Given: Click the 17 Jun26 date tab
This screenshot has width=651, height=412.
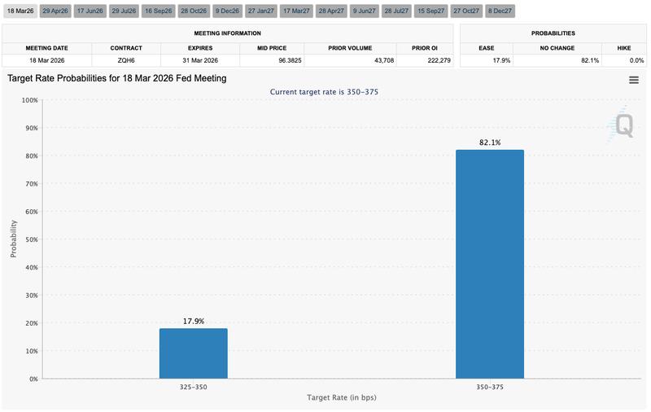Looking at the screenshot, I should click(x=89, y=11).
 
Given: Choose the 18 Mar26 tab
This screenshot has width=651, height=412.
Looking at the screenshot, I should click(x=20, y=11).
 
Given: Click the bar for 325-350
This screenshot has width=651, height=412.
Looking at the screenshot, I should click(x=193, y=353).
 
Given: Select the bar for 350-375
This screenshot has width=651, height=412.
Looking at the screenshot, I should click(x=489, y=265).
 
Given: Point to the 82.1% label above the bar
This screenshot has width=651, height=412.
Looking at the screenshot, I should click(x=489, y=142).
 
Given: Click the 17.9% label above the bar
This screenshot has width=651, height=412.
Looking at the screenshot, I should click(x=193, y=321).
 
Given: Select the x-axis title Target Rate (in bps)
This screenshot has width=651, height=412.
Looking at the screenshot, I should click(x=341, y=397).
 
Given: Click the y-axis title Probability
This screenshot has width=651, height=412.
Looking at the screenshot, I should click(x=13, y=239).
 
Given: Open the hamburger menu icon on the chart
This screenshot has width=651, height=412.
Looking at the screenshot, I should click(x=633, y=80).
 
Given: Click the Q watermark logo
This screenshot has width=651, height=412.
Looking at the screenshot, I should click(x=623, y=125).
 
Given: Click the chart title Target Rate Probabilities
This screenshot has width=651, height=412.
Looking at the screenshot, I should click(x=116, y=78).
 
